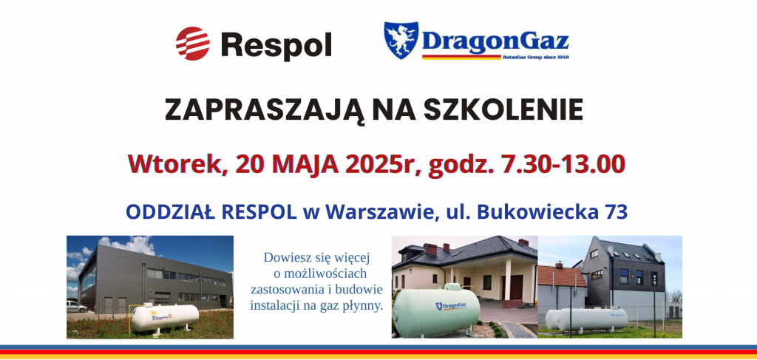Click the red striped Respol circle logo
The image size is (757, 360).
pos(193,44)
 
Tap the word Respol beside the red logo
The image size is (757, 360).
pos(276,45)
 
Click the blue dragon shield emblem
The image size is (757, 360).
pos(401,40)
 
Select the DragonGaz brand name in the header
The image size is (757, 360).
pos(495,42)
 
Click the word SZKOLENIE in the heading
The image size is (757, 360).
pos(503,110)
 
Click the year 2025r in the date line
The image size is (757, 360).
pos(383,164)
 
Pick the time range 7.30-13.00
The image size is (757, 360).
pos(564,164)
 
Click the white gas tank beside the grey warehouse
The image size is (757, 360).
pos(165,316)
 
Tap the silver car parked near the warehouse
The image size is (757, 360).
pos(76,306)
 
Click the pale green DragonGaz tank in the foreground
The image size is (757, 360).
pos(436,311)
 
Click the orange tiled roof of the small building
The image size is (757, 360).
pos(561,276)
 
